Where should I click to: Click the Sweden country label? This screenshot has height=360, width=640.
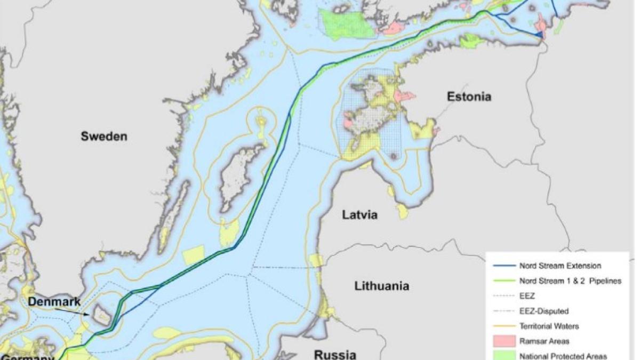[104, 136]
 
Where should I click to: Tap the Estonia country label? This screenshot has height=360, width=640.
[469, 97]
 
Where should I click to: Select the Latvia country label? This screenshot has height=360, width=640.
[360, 215]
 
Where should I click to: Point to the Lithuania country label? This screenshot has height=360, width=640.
[382, 286]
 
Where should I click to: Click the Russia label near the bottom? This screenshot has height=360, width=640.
[334, 354]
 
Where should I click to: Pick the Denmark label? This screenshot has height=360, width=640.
[54, 302]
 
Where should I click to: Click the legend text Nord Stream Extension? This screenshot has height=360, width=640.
[559, 266]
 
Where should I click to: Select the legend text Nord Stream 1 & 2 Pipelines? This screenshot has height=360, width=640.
[570, 281]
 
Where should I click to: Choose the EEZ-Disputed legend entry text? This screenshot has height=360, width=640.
[544, 311]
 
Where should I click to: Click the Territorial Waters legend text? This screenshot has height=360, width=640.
[549, 326]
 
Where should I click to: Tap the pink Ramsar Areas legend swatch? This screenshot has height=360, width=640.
[501, 341]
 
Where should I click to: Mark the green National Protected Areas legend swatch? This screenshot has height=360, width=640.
[501, 355]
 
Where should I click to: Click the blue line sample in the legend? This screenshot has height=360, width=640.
[501, 266]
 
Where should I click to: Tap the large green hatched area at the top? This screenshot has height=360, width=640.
[347, 22]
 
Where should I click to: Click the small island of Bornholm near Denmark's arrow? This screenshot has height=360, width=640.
[102, 315]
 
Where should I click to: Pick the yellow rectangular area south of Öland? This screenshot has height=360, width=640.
[194, 255]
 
